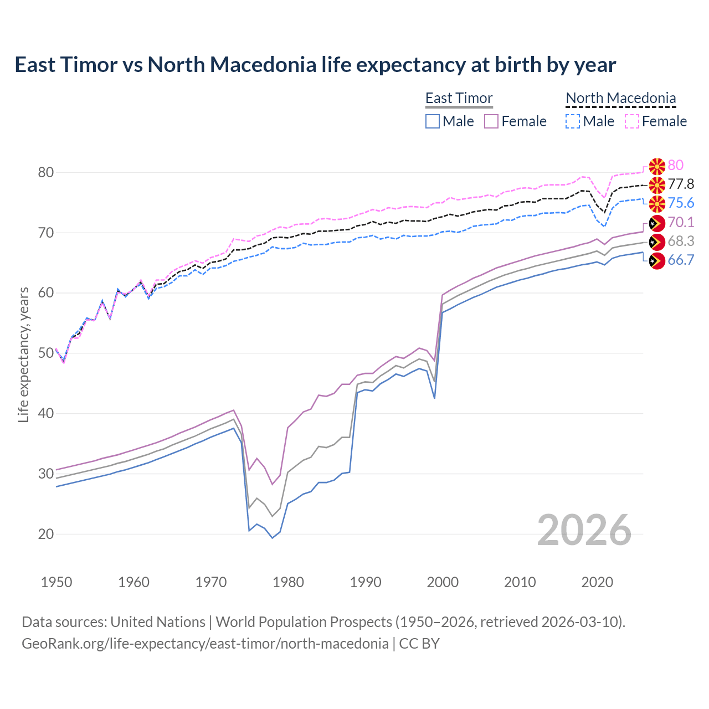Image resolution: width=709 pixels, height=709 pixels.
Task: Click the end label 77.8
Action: pyautogui.click(x=681, y=184)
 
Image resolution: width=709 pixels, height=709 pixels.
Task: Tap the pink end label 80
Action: pyautogui.click(x=675, y=165)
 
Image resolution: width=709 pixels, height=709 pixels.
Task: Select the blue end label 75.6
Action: pyautogui.click(x=681, y=203)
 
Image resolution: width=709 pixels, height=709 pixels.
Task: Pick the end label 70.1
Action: pyautogui.click(x=681, y=222)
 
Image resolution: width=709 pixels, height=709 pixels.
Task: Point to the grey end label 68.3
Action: pyautogui.click(x=681, y=241)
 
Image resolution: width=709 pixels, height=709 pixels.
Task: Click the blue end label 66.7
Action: pyautogui.click(x=681, y=260)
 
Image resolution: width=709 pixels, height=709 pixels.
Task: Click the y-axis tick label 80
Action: pyautogui.click(x=46, y=172)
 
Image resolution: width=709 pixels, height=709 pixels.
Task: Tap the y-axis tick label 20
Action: pyautogui.click(x=46, y=534)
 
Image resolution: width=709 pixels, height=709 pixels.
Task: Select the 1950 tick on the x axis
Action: pyautogui.click(x=56, y=582)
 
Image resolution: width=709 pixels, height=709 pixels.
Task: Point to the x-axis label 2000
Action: pyautogui.click(x=443, y=582)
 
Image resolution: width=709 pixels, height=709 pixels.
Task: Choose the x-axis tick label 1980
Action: pyautogui.click(x=289, y=582)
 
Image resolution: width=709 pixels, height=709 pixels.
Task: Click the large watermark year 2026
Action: pyautogui.click(x=584, y=530)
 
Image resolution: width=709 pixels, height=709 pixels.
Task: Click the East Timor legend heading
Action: pyautogui.click(x=459, y=98)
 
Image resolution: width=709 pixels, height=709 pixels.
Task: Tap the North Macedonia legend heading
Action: pyautogui.click(x=620, y=98)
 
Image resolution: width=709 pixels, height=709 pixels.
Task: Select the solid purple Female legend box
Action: pyautogui.click(x=491, y=121)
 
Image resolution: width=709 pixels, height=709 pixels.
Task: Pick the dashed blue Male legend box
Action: pyautogui.click(x=573, y=121)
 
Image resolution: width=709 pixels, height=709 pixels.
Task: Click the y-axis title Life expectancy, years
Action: pyautogui.click(x=23, y=354)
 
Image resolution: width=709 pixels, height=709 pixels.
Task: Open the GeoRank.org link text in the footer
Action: pyautogui.click(x=205, y=643)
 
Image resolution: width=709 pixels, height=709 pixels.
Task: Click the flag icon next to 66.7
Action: pyautogui.click(x=656, y=261)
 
